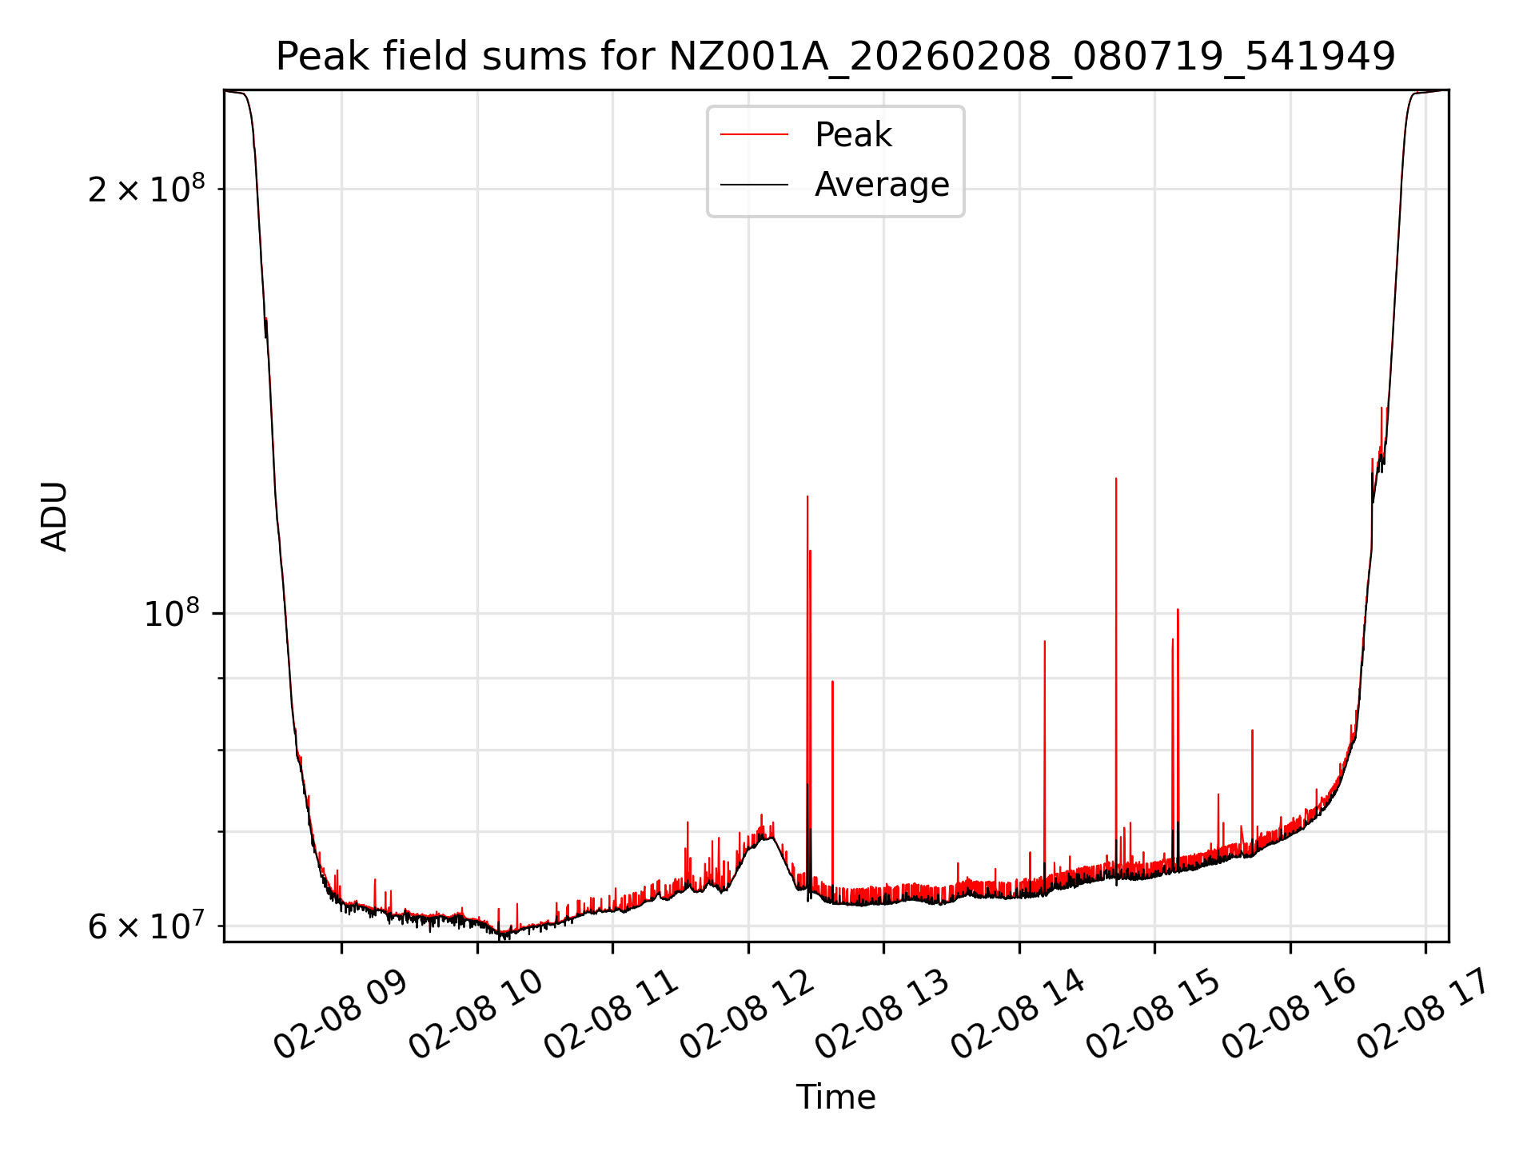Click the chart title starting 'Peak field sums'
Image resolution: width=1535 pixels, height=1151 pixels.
coord(835,57)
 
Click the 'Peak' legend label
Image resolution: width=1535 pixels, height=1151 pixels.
coord(852,135)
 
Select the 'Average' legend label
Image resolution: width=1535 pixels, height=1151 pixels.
coord(881,185)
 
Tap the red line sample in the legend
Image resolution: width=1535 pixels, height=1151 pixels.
coord(754,135)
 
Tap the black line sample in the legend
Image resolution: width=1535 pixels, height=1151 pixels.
coord(754,185)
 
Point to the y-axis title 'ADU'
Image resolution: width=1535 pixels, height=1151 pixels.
coord(54,516)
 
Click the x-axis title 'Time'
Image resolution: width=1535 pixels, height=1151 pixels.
coord(835,1097)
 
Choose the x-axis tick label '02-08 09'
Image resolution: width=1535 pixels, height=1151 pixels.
coord(341,1015)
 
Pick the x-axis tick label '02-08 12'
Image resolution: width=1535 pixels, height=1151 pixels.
coord(747,1015)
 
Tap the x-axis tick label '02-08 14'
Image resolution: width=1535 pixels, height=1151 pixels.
coord(1018,1015)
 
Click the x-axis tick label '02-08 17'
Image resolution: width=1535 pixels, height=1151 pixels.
coord(1424,1015)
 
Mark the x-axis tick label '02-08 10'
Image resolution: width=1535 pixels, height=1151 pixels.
coord(476,1015)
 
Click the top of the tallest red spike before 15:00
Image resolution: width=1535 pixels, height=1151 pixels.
coord(1116,479)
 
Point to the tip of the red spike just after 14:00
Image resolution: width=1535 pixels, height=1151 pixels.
coord(1044,642)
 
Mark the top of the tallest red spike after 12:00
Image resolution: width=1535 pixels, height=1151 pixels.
coord(807,497)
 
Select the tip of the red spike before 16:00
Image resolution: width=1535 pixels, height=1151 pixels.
coord(1252,731)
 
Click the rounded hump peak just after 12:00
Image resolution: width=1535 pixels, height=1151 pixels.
coord(767,836)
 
